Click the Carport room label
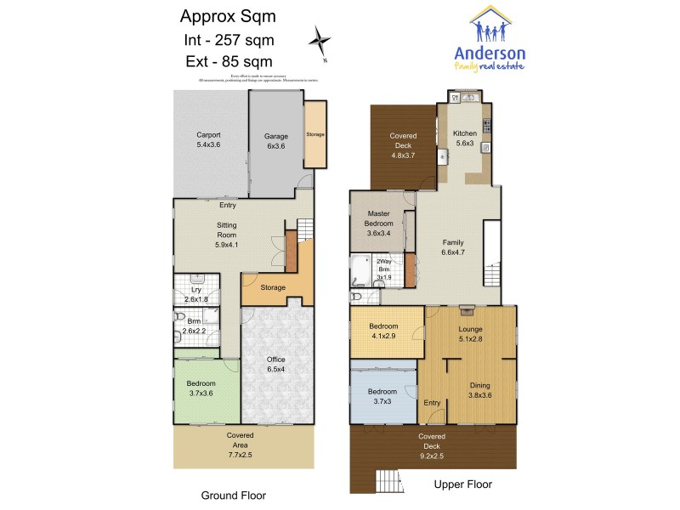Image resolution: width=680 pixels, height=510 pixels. click(x=208, y=139)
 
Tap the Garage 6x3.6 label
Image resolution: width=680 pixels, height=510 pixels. click(x=276, y=140)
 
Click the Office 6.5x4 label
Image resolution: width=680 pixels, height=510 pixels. click(x=276, y=365)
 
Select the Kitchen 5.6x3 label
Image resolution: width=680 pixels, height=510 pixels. click(x=465, y=139)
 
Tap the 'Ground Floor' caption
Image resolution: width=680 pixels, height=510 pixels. click(x=233, y=494)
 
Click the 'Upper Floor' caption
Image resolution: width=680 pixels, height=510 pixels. click(x=463, y=484)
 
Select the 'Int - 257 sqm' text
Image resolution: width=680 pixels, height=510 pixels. click(x=228, y=39)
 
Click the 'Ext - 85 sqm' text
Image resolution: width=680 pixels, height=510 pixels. click(x=228, y=60)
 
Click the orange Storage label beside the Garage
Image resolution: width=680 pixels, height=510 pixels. click(x=315, y=134)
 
